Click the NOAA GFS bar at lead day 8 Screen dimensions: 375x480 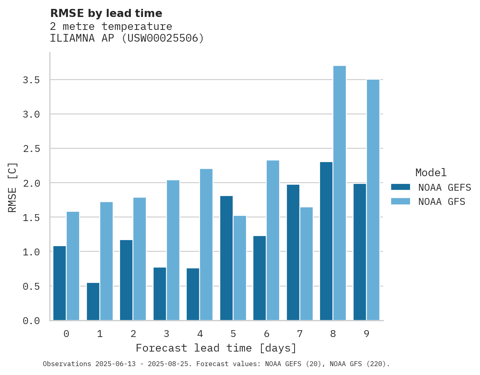tap(339, 193)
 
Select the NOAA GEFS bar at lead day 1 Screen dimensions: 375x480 tap(93, 301)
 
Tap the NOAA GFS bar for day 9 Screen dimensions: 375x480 tap(373, 200)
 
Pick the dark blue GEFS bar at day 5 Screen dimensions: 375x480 tap(226, 258)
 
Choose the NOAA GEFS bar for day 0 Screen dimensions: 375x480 tap(59, 283)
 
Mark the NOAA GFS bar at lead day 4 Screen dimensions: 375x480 tap(206, 244)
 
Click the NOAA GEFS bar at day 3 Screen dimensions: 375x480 tap(160, 294)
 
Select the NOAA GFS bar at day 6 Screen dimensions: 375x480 tap(273, 240)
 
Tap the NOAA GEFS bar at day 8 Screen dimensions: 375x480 tap(326, 241)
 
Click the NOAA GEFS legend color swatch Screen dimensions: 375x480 tap(400, 187)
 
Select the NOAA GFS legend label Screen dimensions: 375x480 tap(442, 202)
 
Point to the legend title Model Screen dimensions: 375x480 tap(431, 173)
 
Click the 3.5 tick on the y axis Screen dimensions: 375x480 tap(32, 80)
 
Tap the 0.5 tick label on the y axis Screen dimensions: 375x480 tap(32, 287)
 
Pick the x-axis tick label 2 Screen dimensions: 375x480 tap(133, 334)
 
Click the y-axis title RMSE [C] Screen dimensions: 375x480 tap(13, 187)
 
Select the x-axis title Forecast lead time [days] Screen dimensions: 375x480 tap(216, 348)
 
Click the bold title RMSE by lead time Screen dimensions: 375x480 tap(106, 13)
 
